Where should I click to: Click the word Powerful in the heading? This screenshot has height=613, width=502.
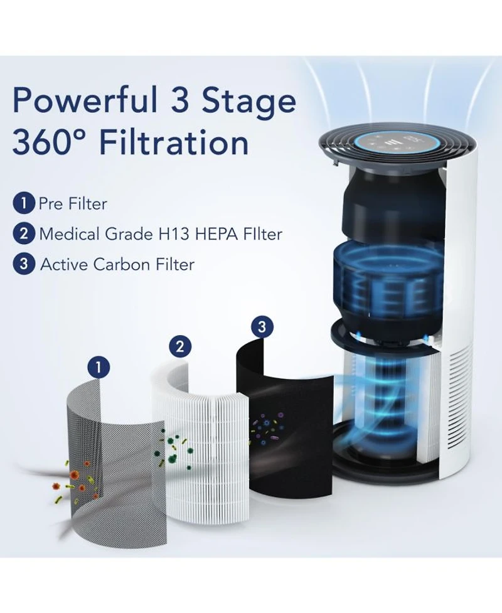point(85,100)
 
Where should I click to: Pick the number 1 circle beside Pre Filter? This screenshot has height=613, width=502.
point(23,203)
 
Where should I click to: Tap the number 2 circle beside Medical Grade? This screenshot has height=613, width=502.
point(23,234)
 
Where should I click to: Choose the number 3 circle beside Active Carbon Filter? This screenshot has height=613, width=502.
point(23,264)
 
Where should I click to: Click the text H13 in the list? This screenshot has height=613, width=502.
point(169,234)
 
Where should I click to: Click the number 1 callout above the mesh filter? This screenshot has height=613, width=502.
point(99,367)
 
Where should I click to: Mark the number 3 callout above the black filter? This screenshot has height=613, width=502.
point(262,326)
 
